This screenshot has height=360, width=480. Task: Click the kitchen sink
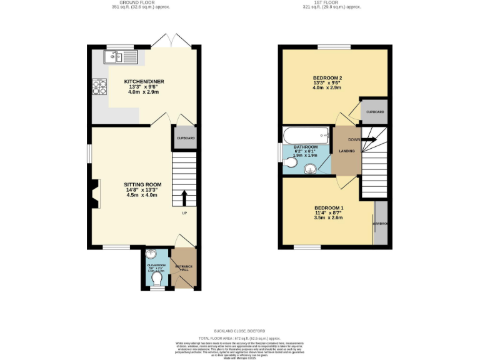[123, 58]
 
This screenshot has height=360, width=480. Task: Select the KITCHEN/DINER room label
[141, 82]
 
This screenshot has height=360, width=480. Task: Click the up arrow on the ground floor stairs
[184, 197]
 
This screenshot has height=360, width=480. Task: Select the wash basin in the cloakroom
[149, 254]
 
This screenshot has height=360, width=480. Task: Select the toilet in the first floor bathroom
[289, 164]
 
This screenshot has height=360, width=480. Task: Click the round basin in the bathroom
[310, 168]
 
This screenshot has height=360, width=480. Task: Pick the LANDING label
[347, 151]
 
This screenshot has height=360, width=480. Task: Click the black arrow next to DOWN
[369, 139]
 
